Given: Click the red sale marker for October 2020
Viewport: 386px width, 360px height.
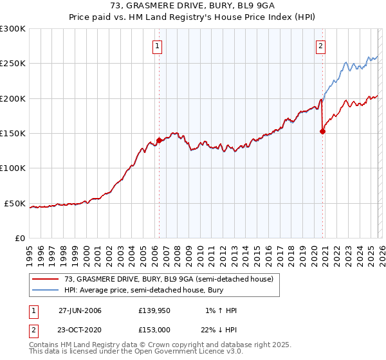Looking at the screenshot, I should [x=322, y=132].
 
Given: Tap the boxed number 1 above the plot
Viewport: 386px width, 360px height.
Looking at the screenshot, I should [x=158, y=45].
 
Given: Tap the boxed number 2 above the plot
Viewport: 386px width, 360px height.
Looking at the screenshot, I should [x=320, y=45].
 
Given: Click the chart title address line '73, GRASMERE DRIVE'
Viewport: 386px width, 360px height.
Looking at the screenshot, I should [x=192, y=7].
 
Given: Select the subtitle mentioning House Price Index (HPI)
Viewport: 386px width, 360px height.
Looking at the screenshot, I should [x=192, y=19].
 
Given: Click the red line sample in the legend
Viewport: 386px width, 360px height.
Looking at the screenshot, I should [x=46, y=279].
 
